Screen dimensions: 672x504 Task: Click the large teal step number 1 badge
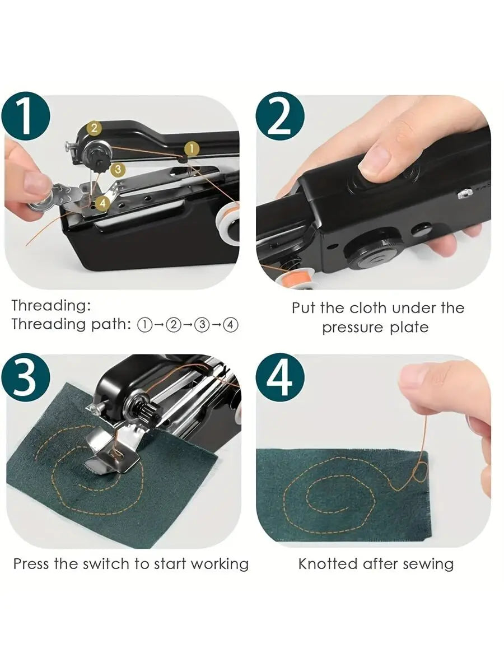(26, 116)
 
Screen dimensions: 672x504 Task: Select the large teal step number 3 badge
(26, 377)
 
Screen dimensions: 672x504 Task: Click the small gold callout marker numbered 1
(192, 148)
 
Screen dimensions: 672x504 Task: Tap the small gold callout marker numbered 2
(94, 128)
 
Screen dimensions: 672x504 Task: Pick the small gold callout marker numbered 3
(116, 169)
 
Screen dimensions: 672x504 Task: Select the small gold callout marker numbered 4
(102, 203)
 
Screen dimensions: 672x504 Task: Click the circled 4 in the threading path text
(231, 325)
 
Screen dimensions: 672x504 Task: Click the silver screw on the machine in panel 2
(462, 194)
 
